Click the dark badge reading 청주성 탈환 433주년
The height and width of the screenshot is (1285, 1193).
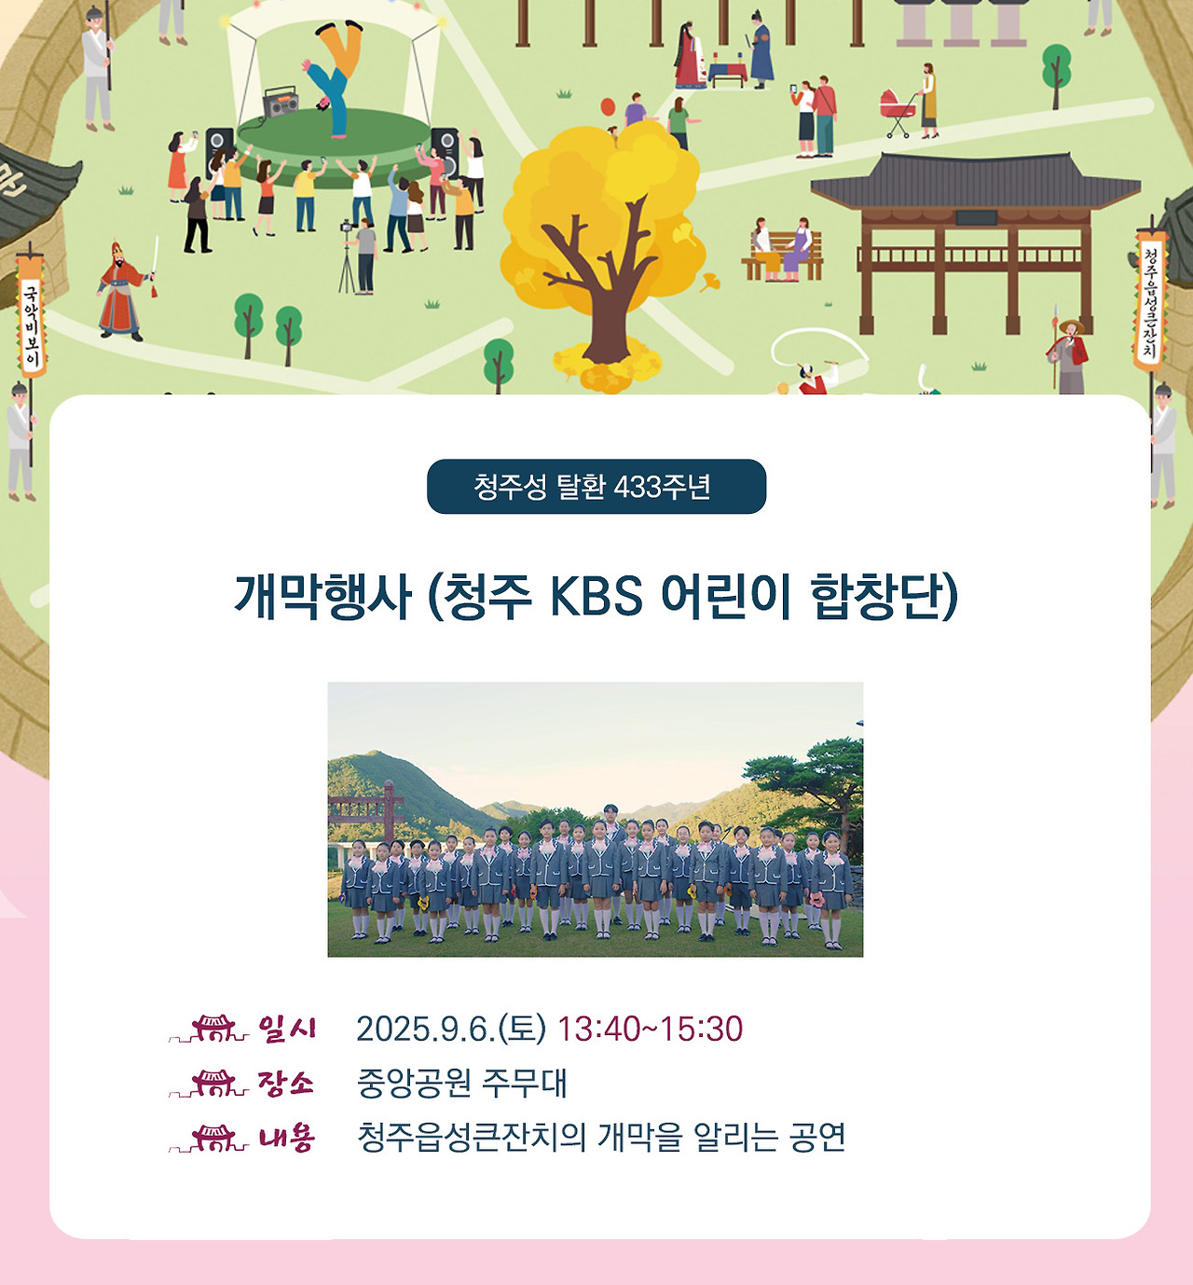tap(596, 486)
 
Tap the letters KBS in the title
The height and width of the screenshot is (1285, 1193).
tap(596, 596)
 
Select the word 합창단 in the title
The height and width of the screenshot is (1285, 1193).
tap(883, 596)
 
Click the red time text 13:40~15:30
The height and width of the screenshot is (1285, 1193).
tap(650, 1029)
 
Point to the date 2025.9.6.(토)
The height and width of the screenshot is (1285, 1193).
tap(451, 1029)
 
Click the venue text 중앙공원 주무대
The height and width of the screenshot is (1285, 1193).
tap(461, 1083)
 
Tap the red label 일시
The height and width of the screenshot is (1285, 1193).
tap(287, 1029)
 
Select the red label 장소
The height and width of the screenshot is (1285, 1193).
tap(286, 1083)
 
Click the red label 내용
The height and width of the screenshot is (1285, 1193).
tap(287, 1138)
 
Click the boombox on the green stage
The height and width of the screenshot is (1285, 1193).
tap(281, 103)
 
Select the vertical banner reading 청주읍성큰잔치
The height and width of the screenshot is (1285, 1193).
tap(1150, 298)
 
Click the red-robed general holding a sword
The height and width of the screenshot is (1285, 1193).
tap(123, 291)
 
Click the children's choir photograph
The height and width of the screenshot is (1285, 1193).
tap(595, 819)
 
